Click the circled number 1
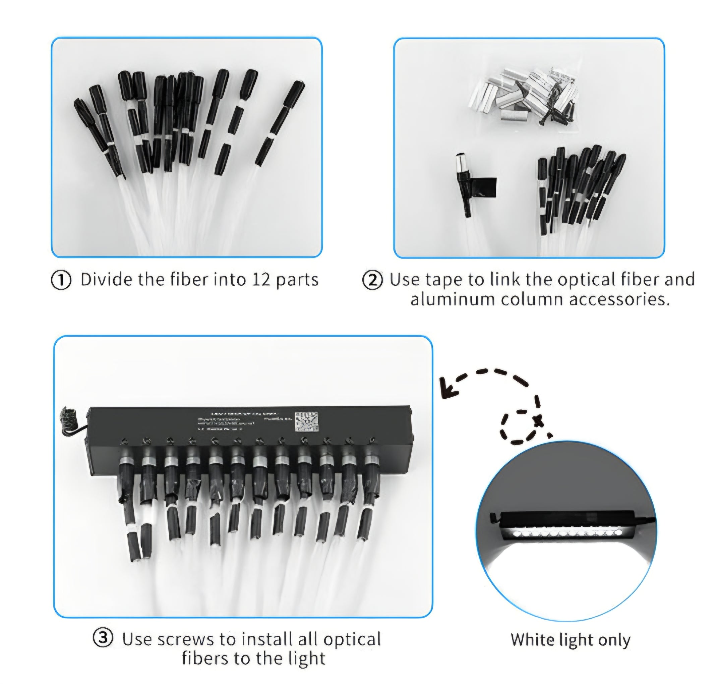point(61,281)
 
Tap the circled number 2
point(372,280)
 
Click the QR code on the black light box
point(306,422)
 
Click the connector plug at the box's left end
point(68,418)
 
